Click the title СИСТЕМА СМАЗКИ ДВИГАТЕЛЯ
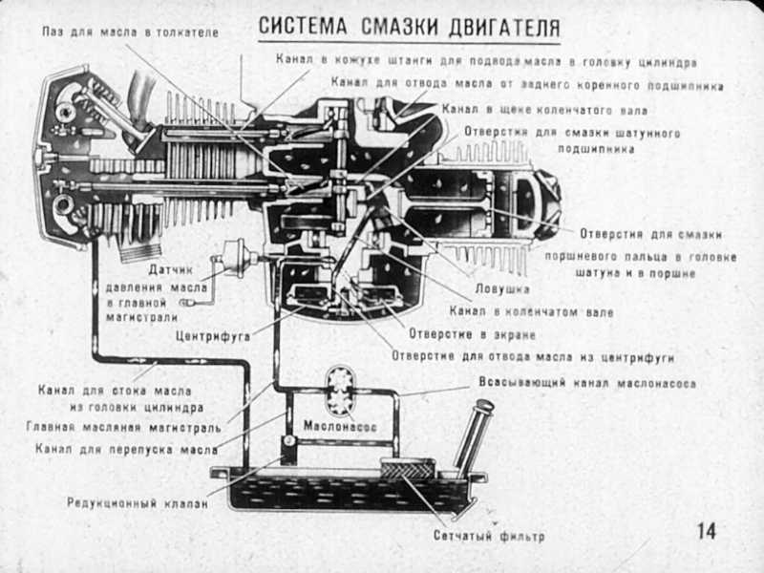coord(409,27)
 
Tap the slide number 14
coord(707,531)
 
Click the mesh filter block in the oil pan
coord(408,470)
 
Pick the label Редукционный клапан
coord(137,502)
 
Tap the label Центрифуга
coord(212,336)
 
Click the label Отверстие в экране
coord(469,335)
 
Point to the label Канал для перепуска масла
coord(126,447)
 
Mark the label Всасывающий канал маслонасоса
coord(586,384)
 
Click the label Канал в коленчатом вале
coord(530,312)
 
